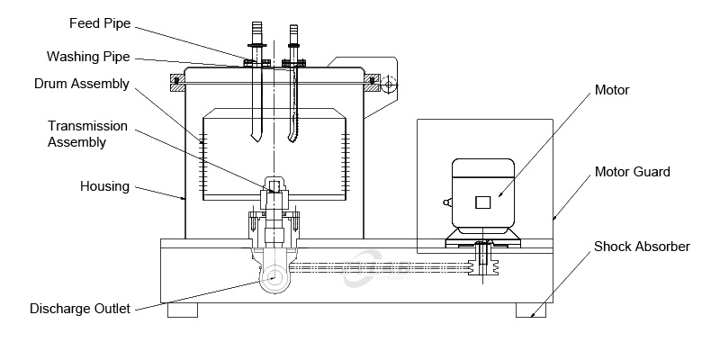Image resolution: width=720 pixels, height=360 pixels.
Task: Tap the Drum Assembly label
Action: click(x=82, y=84)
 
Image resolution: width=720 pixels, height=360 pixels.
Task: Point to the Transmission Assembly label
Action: click(x=87, y=134)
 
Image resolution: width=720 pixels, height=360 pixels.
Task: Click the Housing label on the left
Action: click(x=105, y=186)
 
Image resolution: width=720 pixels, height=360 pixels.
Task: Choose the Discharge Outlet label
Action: click(x=80, y=309)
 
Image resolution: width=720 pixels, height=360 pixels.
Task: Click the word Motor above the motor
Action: click(x=611, y=90)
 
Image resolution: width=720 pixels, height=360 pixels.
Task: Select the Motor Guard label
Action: click(x=632, y=172)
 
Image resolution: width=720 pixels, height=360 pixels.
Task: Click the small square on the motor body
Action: click(x=483, y=202)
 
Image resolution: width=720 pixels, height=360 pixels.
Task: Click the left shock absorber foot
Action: click(x=183, y=310)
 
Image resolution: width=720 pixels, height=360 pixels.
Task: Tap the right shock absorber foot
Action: click(x=530, y=310)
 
